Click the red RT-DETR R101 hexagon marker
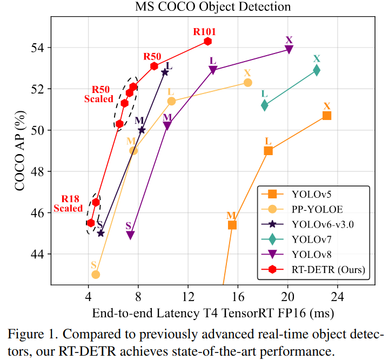[207, 41]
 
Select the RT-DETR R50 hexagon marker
[154, 66]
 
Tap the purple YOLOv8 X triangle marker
[289, 49]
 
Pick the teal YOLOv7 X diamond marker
[317, 70]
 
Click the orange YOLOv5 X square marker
[326, 116]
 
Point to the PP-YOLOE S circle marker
[96, 275]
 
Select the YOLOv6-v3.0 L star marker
[165, 72]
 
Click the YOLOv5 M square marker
[232, 225]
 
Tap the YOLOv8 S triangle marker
[130, 235]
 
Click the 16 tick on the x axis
[238, 297]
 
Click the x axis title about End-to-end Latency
[213, 314]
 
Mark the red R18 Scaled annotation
[68, 204]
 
